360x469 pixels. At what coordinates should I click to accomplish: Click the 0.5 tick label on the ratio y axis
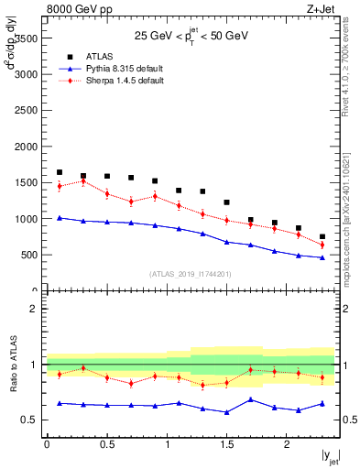[x=29, y=420]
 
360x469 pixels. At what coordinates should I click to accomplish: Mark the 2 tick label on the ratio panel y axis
[x=34, y=310]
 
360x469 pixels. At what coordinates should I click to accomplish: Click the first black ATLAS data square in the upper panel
[x=60, y=172]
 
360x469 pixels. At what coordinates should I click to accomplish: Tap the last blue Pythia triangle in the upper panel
[x=322, y=257]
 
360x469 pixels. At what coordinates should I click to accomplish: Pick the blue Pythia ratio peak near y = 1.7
[x=250, y=399]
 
